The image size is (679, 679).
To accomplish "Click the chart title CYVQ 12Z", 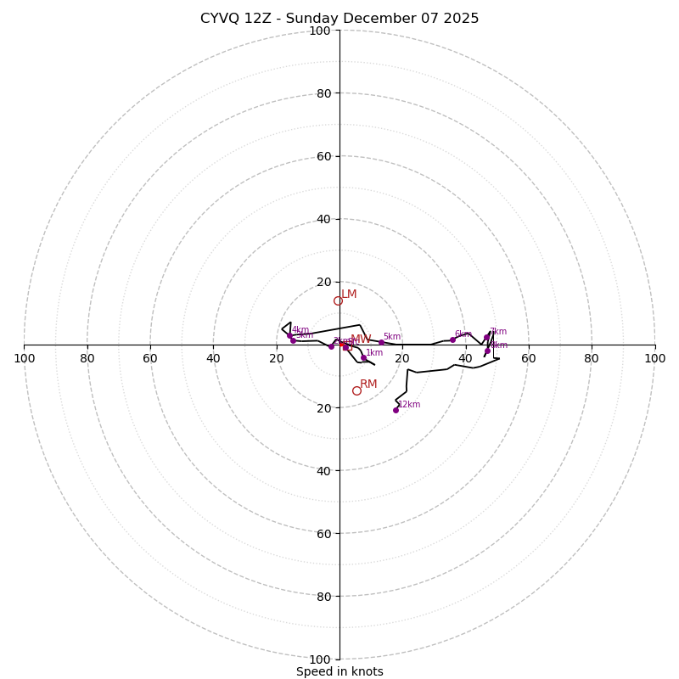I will click(x=339, y=19).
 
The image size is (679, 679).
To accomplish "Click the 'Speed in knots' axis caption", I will click(x=339, y=671).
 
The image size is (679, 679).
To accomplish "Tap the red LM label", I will click(x=349, y=295).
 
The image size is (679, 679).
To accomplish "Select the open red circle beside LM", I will click(x=338, y=301).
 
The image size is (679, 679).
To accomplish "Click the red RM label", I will click(x=368, y=384).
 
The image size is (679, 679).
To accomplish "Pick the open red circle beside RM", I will click(x=356, y=391).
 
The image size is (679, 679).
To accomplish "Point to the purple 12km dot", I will click(x=396, y=410).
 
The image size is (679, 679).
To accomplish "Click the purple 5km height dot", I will click(x=381, y=343).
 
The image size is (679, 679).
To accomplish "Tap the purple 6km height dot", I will click(x=452, y=339).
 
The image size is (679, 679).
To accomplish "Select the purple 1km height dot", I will click(x=363, y=358).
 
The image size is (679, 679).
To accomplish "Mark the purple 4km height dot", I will click(x=289, y=335).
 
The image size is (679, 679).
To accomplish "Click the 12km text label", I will click(x=409, y=405).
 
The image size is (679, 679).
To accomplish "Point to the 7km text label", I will click(x=498, y=332).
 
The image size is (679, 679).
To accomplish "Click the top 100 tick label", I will click(x=320, y=31).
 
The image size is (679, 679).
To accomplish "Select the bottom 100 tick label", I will click(x=320, y=659).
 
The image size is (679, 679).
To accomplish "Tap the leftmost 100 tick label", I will click(x=24, y=358).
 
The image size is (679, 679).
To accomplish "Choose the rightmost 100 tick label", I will click(x=655, y=358).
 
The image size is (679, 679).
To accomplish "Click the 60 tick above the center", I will click(x=323, y=156).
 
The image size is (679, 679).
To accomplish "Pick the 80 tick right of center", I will click(x=592, y=358).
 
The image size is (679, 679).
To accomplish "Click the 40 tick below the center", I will click(x=323, y=470).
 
